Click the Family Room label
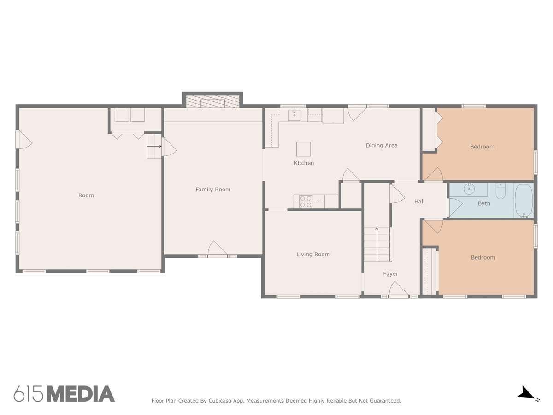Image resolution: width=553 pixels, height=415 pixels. point(213,189)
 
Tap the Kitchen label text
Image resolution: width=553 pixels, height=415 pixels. point(304,163)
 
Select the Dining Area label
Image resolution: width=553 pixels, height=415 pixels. point(382,145)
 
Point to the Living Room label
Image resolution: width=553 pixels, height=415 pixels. point(313,255)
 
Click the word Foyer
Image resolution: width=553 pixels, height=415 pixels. point(390,273)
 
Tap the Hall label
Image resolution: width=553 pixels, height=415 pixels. point(419,202)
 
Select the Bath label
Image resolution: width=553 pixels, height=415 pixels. point(484,203)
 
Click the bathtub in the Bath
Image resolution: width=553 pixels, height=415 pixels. point(524,201)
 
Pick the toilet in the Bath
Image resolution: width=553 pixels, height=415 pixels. point(500,191)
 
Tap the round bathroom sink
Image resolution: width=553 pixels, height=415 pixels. point(469,189)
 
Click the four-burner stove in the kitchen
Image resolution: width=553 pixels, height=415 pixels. point(306,202)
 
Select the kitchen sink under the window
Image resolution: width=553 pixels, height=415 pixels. point(294,115)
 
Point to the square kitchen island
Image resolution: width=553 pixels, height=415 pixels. point(303,149)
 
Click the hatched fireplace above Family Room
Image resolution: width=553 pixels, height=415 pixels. point(212,101)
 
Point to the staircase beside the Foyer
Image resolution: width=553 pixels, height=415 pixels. point(377,244)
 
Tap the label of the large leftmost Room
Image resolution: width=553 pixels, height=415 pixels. point(86,195)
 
